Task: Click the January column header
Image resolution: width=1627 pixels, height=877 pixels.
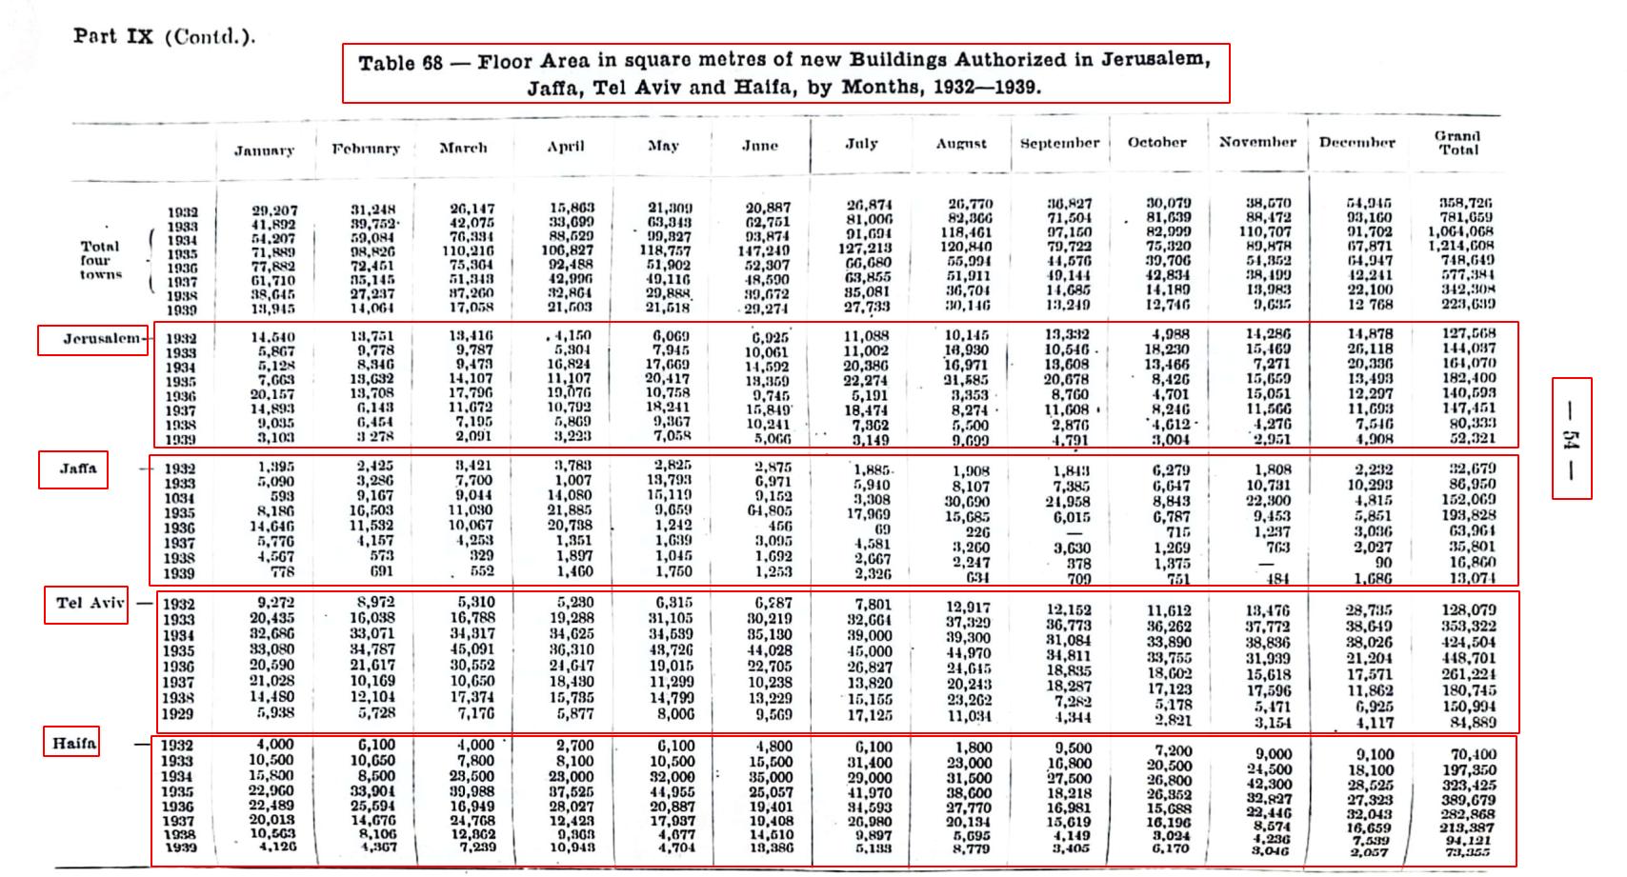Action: point(264,150)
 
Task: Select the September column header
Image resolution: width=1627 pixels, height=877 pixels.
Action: point(1059,144)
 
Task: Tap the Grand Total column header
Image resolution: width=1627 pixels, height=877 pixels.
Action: point(1458,143)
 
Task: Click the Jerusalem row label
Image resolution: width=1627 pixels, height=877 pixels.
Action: point(92,340)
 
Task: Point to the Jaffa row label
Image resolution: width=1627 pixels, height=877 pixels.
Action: point(73,469)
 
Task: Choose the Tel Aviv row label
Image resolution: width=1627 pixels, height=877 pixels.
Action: point(86,604)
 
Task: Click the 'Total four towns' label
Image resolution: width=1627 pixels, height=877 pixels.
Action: point(101,260)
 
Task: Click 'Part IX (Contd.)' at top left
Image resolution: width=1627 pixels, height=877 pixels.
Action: point(164,37)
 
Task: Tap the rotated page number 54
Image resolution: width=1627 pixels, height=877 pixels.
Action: point(1571,438)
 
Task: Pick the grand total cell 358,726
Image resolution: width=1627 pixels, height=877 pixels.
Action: point(1465,203)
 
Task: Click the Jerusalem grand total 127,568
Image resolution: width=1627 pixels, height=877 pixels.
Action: point(1468,334)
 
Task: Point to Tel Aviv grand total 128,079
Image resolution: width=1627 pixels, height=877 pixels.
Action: point(1468,610)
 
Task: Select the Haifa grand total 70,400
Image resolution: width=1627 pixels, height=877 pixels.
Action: point(1473,754)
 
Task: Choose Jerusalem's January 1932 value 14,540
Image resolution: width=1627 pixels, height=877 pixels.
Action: point(273,337)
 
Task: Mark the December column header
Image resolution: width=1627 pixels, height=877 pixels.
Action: point(1356,143)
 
